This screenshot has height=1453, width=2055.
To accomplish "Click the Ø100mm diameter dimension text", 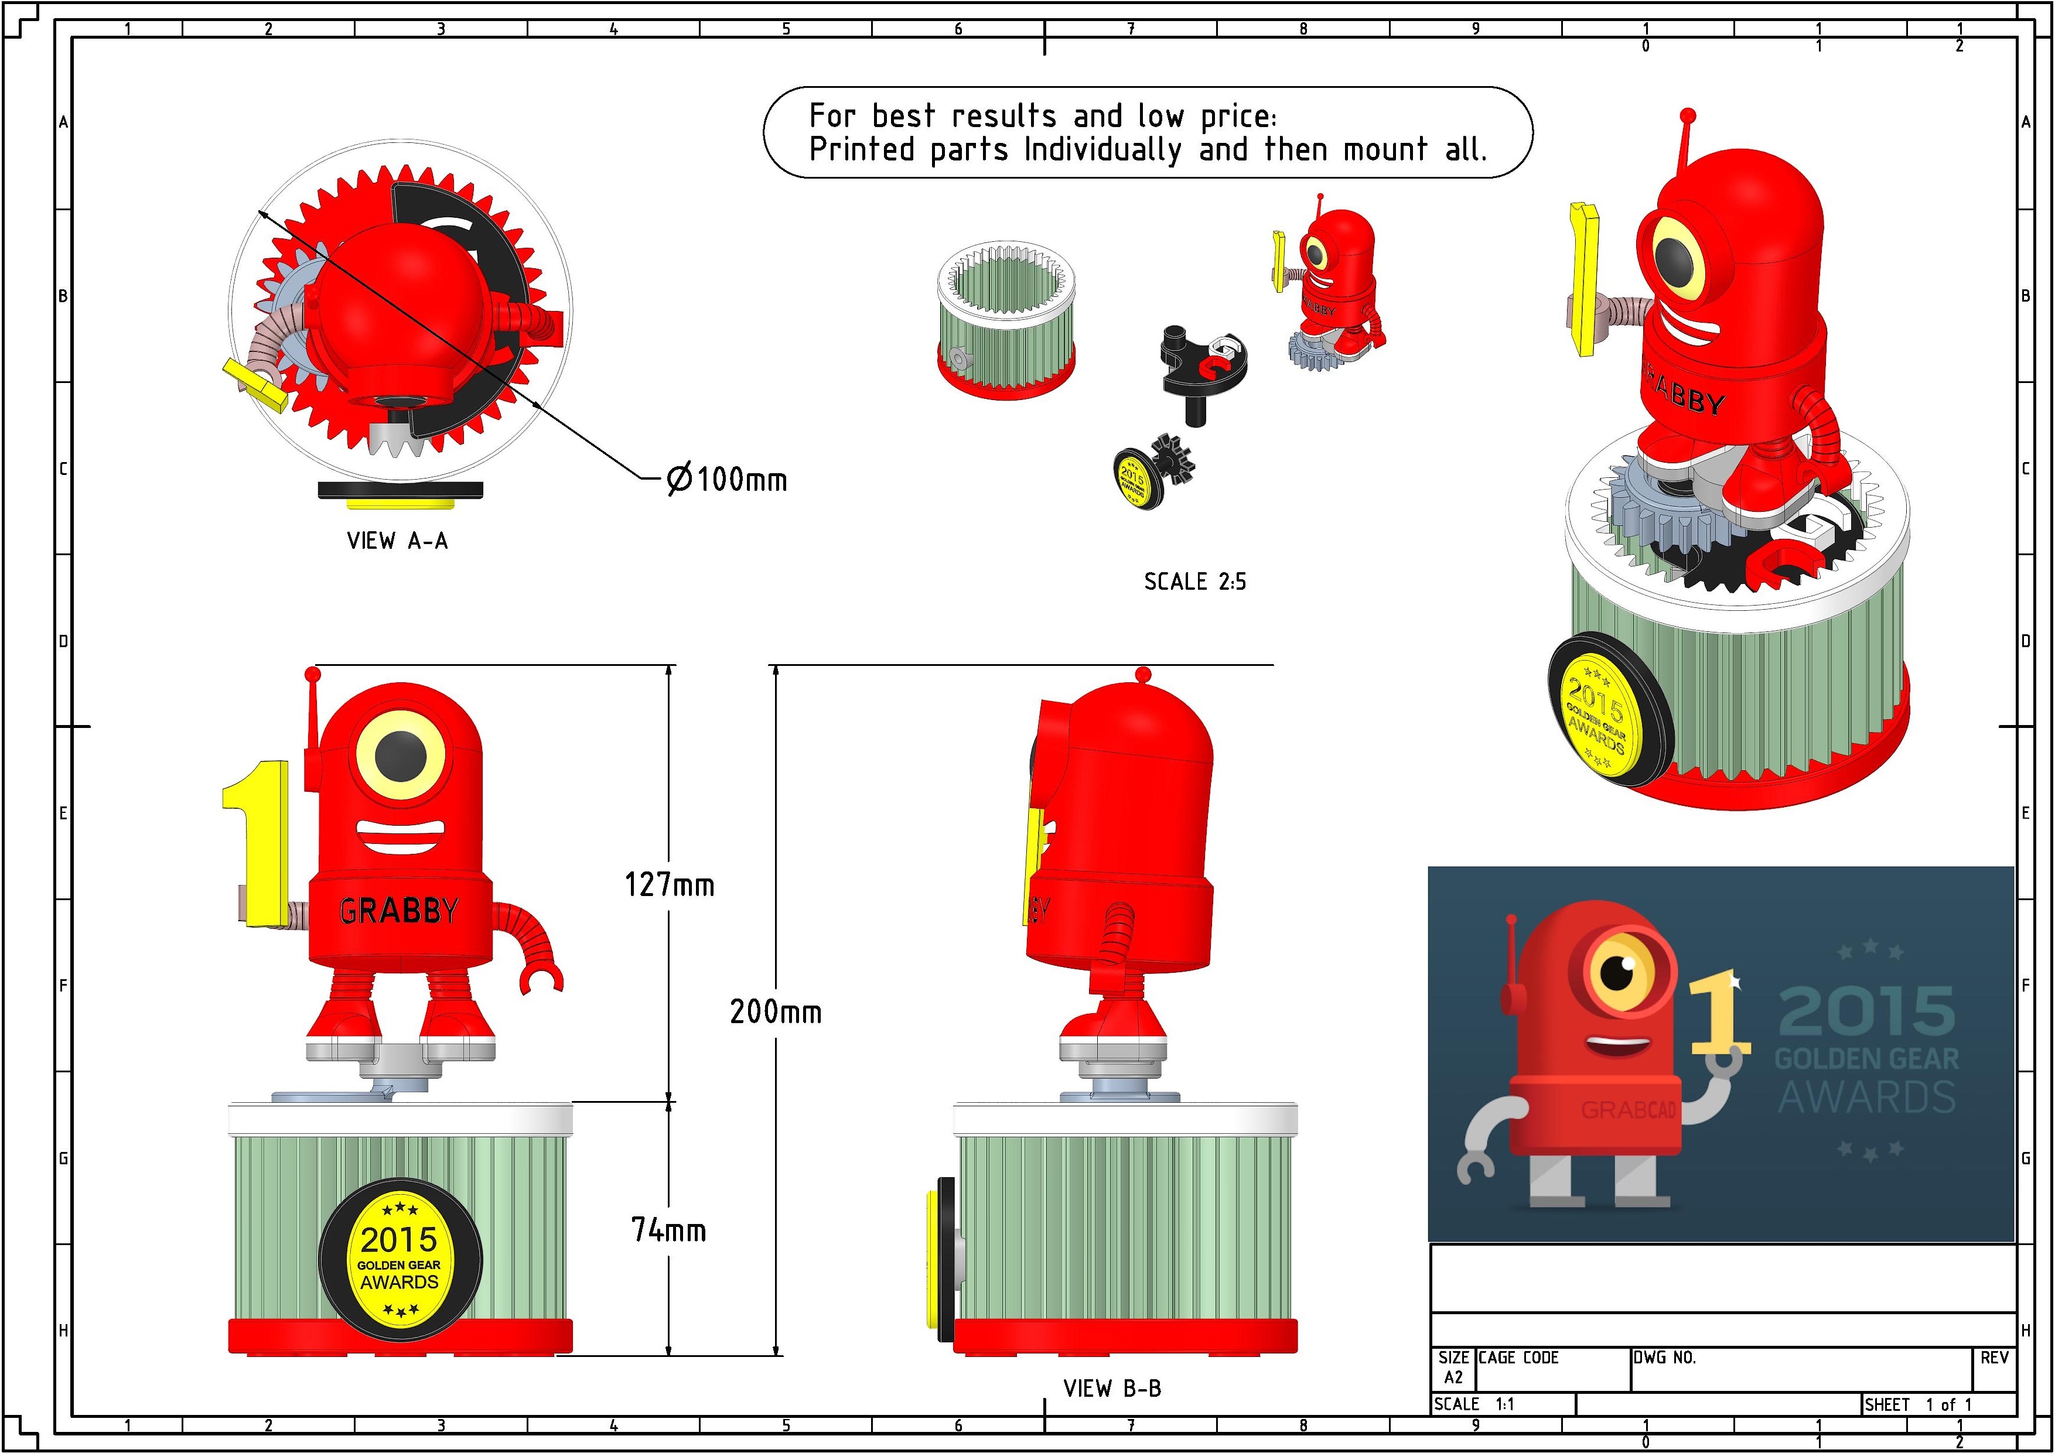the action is pos(728,480).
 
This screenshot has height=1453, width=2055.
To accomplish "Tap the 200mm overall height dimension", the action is pos(775,1012).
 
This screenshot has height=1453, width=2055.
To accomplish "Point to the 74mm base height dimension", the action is pos(668,1230).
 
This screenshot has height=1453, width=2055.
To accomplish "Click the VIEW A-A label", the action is pos(397,541).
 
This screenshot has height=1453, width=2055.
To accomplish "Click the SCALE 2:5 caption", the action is pos(1195,582).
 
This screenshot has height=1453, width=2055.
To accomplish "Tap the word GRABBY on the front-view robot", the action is pos(399,911).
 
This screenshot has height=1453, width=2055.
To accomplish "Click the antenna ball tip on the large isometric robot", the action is pos(1688,115).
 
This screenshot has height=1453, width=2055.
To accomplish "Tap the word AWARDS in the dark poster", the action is pos(1866,1097).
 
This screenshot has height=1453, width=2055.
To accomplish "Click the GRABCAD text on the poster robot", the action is pos(1628,1110).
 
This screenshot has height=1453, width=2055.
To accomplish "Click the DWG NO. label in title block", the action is pos(1665,1358).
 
